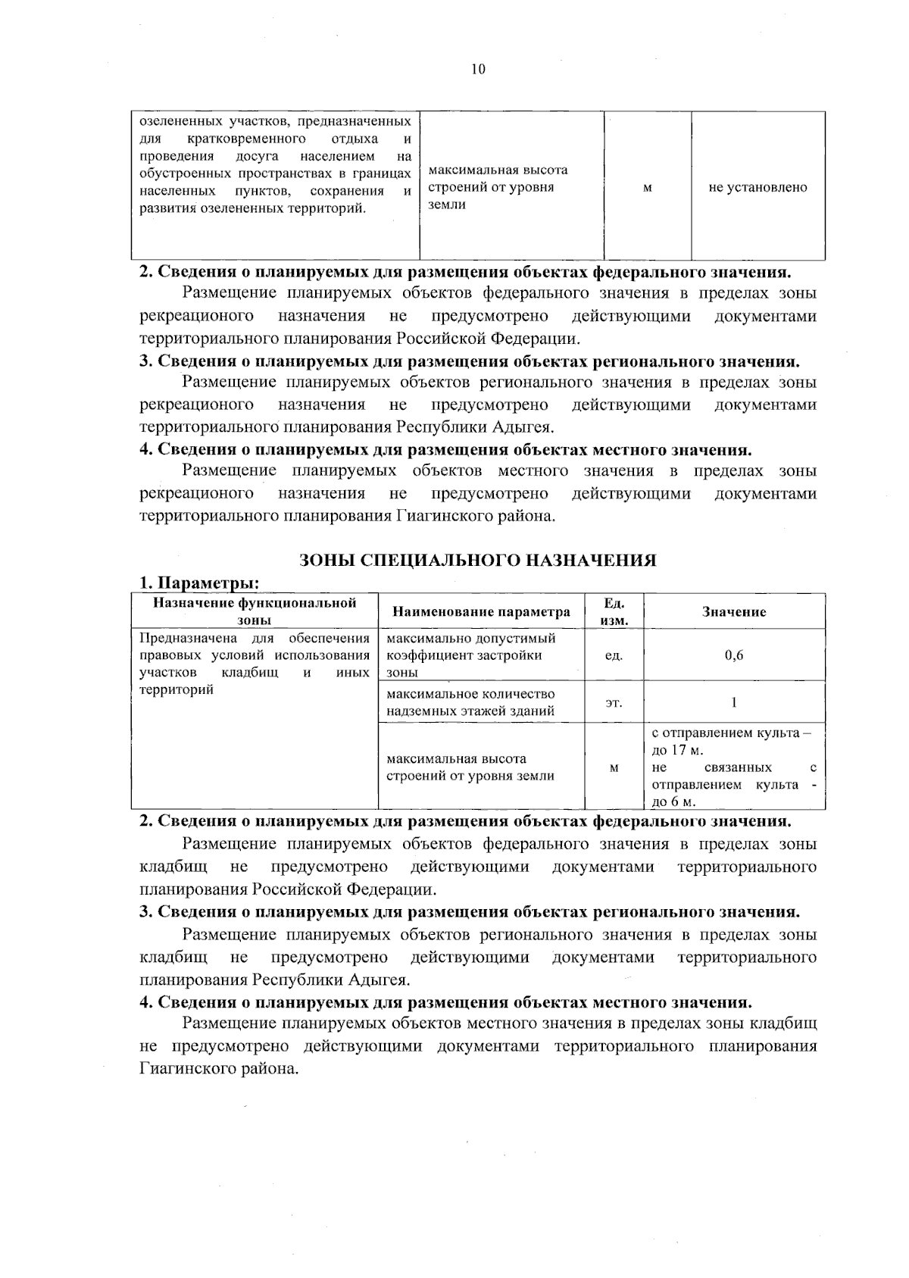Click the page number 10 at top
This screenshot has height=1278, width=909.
(477, 70)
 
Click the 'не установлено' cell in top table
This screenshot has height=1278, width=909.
(757, 187)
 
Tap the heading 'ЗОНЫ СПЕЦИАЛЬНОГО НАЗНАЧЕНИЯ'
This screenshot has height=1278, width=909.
(477, 560)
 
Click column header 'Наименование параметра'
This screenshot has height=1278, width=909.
(481, 612)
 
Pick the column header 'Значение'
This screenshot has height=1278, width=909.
(733, 612)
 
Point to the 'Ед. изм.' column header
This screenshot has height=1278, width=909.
(614, 611)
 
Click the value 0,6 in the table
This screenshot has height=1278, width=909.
(733, 655)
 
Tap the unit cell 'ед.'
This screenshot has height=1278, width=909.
(614, 655)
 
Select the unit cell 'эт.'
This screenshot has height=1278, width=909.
(614, 703)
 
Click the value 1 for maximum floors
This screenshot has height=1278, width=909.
(733, 702)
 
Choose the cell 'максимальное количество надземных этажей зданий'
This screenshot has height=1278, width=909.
(470, 702)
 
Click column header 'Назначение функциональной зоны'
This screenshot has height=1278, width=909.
(255, 611)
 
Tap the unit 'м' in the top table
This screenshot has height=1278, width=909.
(648, 187)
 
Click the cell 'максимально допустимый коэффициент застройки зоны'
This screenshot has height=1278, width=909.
(470, 655)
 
